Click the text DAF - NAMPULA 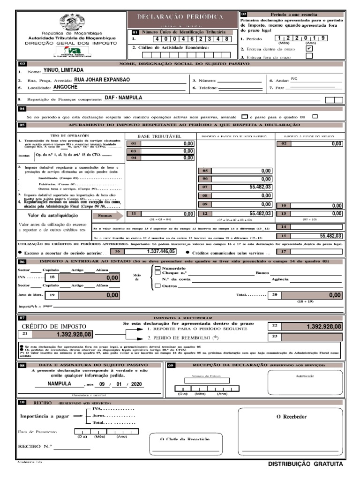(123, 98)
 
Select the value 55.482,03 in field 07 (260, 187)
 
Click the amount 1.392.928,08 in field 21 (74, 334)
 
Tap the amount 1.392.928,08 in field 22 (323, 326)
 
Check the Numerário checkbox (158, 268)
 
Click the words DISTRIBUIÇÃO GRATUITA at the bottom (305, 464)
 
